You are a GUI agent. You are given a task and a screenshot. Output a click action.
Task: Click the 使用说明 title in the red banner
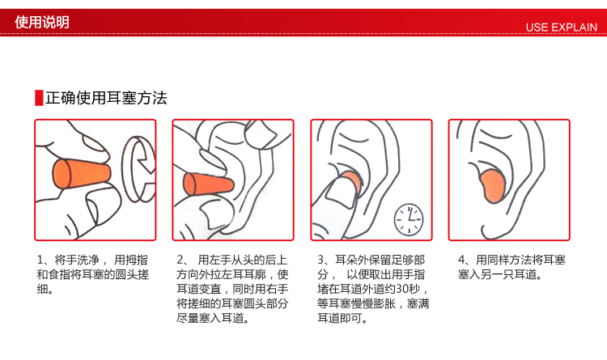tap(42, 22)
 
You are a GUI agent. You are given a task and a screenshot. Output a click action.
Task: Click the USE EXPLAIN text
tap(561, 28)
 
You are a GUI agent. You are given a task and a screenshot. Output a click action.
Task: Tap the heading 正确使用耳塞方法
tap(106, 98)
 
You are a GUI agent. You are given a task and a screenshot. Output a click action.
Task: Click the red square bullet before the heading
tap(39, 98)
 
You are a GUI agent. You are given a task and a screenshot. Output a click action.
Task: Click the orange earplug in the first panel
tap(81, 174)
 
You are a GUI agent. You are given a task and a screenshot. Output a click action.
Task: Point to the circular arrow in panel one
tap(138, 169)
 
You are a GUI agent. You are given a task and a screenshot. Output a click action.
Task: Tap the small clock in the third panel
tap(409, 219)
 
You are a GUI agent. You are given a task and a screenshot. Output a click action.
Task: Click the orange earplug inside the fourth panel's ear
tap(492, 186)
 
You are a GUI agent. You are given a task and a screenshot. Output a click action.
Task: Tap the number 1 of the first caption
tap(40, 260)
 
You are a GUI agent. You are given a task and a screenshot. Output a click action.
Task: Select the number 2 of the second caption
tap(180, 260)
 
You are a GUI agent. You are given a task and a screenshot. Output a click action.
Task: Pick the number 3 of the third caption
tap(321, 260)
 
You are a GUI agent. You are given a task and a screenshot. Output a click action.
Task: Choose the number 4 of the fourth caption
tap(461, 260)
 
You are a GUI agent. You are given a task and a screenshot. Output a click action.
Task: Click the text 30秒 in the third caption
tap(408, 289)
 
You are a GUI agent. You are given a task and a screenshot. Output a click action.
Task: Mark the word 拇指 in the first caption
tap(136, 260)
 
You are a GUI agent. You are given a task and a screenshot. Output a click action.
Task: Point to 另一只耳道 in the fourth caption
tap(508, 274)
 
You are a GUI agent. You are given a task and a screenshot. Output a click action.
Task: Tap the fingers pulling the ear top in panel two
tap(267, 133)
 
